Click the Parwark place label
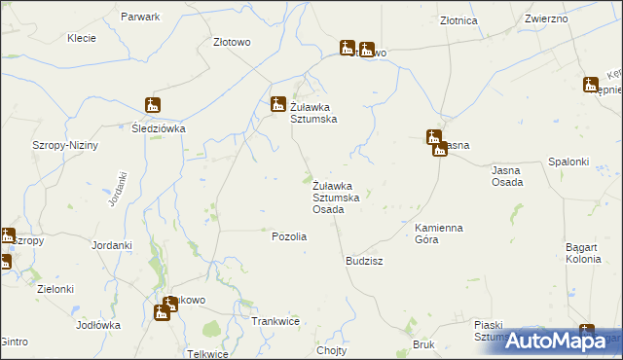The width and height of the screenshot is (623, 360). pos(139,18)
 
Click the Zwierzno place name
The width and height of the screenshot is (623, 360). pos(547,18)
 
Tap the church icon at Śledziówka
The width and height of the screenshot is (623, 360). pos(153,105)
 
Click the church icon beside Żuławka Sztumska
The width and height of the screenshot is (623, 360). pos(277,104)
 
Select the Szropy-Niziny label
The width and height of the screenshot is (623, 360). pos(61,144)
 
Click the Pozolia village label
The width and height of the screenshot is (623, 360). pos(289,236)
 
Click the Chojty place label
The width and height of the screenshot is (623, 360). pos(332,350)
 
